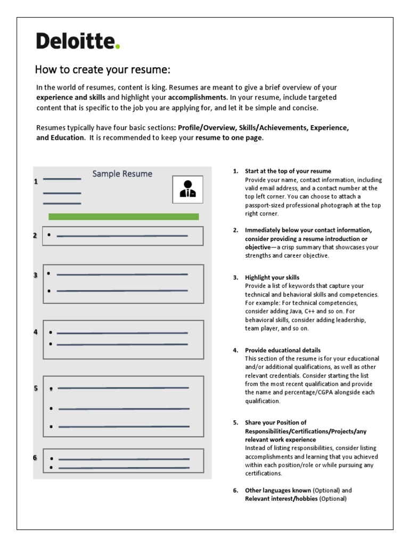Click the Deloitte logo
[x=78, y=41]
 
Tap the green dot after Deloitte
[x=118, y=47]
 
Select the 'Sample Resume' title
[x=122, y=174]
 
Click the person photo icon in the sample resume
[x=187, y=189]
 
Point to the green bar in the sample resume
[x=124, y=216]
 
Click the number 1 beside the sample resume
[x=36, y=181]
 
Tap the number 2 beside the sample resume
[x=35, y=235]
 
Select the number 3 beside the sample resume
[x=36, y=275]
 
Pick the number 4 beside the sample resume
[x=36, y=332]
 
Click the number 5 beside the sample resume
[x=36, y=388]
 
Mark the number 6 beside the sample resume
[x=35, y=457]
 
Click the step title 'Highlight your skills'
[x=272, y=278]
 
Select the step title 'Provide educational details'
[x=283, y=350]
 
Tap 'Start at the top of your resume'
[x=288, y=171]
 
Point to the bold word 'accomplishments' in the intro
[x=198, y=98]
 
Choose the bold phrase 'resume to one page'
[x=228, y=138]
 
